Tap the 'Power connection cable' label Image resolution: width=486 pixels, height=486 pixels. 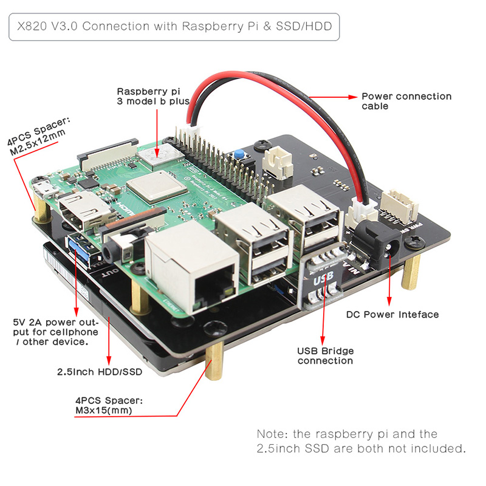[406, 101]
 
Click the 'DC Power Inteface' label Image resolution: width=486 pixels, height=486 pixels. [392, 314]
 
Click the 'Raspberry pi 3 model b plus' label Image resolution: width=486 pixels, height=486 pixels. [153, 96]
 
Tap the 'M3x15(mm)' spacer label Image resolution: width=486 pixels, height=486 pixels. [104, 411]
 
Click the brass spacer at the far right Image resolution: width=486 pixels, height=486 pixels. [411, 271]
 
